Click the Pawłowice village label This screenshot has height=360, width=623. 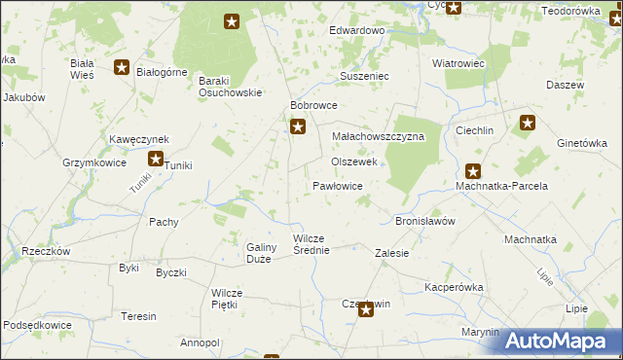pyautogui.click(x=338, y=185)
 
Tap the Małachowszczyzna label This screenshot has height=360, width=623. pyautogui.click(x=379, y=137)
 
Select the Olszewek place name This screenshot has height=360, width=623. pyautogui.click(x=354, y=162)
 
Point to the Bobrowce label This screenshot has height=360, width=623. pyautogui.click(x=313, y=105)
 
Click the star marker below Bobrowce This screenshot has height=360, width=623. pyautogui.click(x=299, y=126)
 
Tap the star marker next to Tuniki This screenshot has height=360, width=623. pyautogui.click(x=156, y=159)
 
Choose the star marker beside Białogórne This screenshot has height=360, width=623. pyautogui.click(x=122, y=67)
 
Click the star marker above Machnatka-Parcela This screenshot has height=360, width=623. pyautogui.click(x=473, y=170)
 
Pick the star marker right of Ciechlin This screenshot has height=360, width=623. pyautogui.click(x=528, y=124)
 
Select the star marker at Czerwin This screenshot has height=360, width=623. pyautogui.click(x=366, y=309)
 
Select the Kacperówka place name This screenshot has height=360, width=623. pyautogui.click(x=454, y=288)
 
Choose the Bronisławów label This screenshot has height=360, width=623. pyautogui.click(x=425, y=221)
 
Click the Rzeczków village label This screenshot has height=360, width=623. pyautogui.click(x=46, y=251)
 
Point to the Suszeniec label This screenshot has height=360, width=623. pyautogui.click(x=364, y=75)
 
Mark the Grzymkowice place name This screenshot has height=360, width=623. pyautogui.click(x=94, y=163)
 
